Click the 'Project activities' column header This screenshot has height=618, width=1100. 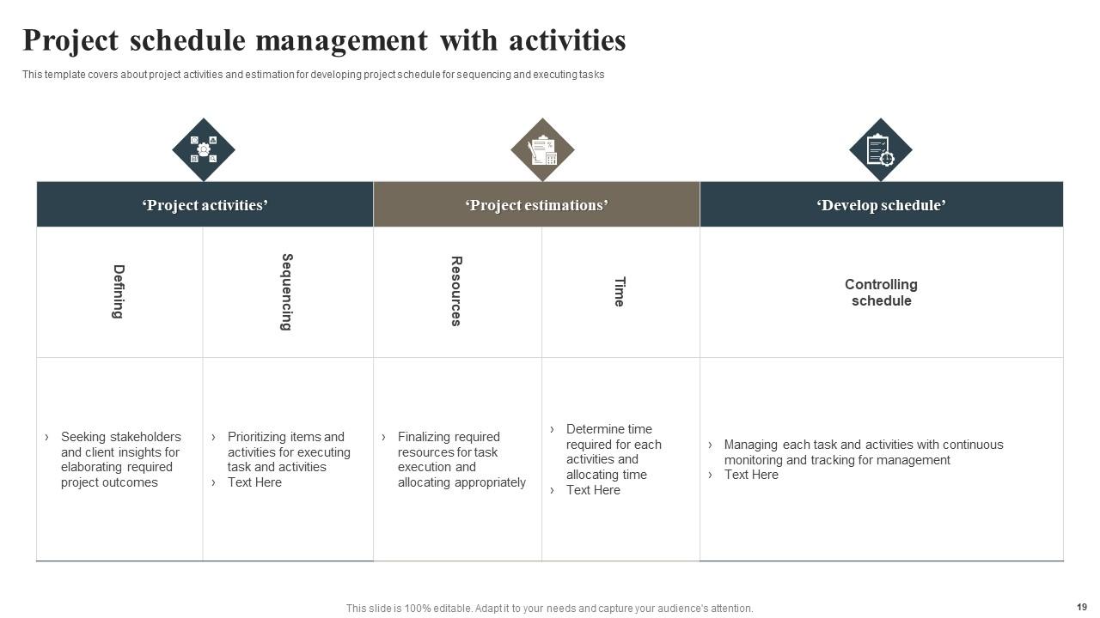pyautogui.click(x=205, y=205)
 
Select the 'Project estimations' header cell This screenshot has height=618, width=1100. pyautogui.click(x=536, y=205)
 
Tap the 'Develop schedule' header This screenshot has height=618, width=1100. pyautogui.click(x=881, y=205)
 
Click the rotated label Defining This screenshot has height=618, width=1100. pyautogui.click(x=119, y=292)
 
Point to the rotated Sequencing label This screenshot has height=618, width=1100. pyautogui.click(x=287, y=292)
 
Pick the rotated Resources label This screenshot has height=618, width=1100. pyautogui.click(x=456, y=291)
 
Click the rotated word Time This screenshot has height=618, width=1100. pyautogui.click(x=619, y=292)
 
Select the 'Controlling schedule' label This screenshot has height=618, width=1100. pyautogui.click(x=881, y=292)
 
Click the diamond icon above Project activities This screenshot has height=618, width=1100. pyautogui.click(x=204, y=149)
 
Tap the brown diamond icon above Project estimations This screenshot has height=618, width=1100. pyautogui.click(x=542, y=149)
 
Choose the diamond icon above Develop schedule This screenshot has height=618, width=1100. pyautogui.click(x=881, y=149)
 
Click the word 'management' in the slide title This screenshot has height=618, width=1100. pyautogui.click(x=341, y=40)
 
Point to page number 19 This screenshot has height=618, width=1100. pyautogui.click(x=1081, y=607)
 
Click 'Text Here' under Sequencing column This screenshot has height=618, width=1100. pyautogui.click(x=254, y=482)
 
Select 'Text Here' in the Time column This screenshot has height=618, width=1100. pyautogui.click(x=593, y=490)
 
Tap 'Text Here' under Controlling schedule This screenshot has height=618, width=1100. pyautogui.click(x=751, y=475)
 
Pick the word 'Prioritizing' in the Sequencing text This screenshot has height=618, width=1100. pyautogui.click(x=256, y=437)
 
